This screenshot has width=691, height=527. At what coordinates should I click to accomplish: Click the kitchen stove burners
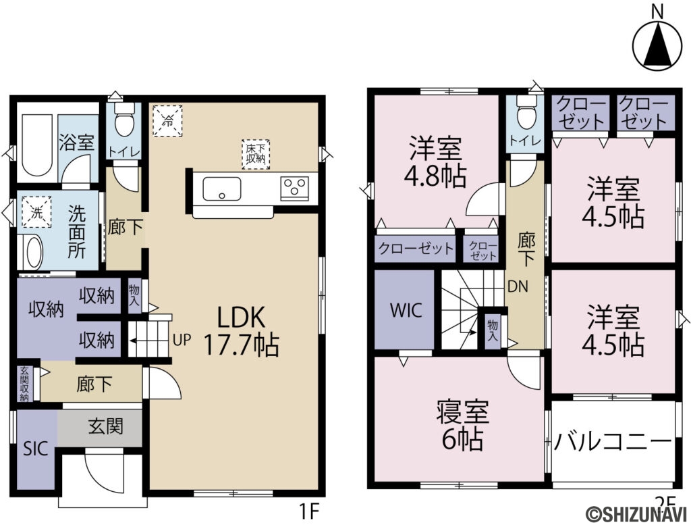295,186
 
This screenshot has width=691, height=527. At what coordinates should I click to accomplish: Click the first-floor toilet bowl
123,121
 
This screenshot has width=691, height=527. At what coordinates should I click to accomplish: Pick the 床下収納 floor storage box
254,153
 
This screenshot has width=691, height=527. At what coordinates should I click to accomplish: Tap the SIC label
36,449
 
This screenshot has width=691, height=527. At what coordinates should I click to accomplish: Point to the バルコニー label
613,443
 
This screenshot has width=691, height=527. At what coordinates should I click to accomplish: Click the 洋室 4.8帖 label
434,162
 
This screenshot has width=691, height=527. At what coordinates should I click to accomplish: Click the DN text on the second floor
518,286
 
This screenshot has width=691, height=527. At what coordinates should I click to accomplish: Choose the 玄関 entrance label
105,426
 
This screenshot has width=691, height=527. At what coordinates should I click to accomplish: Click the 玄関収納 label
24,384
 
